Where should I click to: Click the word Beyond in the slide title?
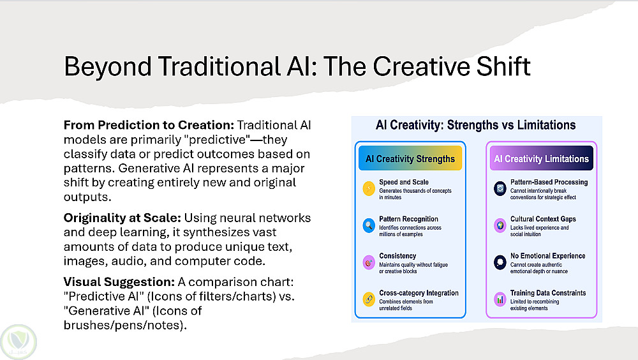point(108,67)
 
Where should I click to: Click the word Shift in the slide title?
point(503,66)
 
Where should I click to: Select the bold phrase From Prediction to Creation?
point(149,125)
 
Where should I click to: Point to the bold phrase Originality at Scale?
point(122,218)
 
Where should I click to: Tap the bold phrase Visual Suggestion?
point(119,282)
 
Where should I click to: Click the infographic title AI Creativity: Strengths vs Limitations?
point(476,125)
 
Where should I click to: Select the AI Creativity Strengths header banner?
point(410,158)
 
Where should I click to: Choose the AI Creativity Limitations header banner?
point(541,158)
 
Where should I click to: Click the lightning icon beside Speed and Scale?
point(369,188)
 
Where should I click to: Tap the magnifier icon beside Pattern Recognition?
point(369,225)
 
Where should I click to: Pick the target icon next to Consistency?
point(369,263)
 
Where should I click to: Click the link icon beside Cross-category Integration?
point(369,299)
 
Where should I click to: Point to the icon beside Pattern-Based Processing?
point(500,188)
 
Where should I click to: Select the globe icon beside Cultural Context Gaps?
point(500,225)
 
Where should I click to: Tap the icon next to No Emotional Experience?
point(500,263)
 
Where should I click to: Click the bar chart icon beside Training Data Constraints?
point(500,299)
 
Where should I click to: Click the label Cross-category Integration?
point(419,293)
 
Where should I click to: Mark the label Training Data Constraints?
point(548,293)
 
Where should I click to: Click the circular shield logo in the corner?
point(19,341)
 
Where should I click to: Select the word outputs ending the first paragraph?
point(87,197)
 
